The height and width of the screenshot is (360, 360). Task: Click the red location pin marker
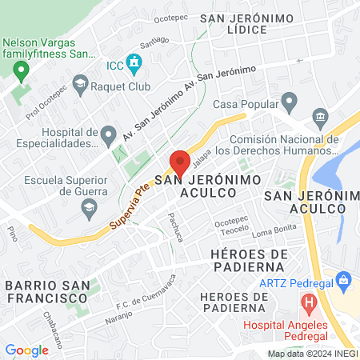tap(180, 163)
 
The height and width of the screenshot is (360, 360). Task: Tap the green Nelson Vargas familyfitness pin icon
tap(21, 70)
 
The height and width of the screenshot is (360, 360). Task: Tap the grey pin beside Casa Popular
tap(290, 102)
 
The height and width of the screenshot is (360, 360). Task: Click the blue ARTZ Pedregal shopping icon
tap(345, 281)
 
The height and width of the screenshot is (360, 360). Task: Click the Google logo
tap(26, 350)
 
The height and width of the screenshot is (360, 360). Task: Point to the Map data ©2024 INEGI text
tap(310, 353)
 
